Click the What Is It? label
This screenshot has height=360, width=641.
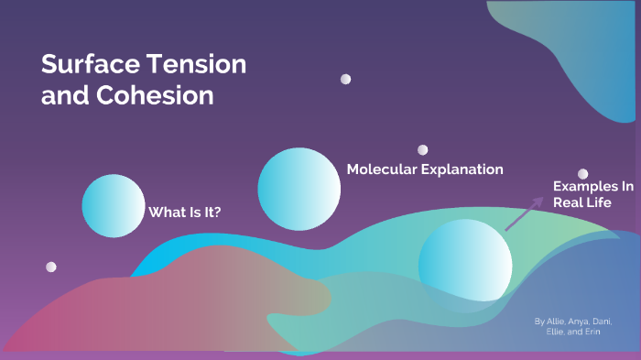point(185,212)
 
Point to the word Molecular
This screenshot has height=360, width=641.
point(384,169)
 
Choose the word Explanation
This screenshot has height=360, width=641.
point(464,169)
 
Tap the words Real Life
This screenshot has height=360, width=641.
point(582,202)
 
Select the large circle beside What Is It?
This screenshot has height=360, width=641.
point(114,205)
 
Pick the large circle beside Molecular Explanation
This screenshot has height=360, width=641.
point(299,190)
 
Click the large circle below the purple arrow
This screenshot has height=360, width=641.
point(465,265)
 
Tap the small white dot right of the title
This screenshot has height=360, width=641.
point(345,80)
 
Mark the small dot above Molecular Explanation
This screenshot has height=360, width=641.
point(423,149)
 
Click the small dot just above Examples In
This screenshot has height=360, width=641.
point(582,173)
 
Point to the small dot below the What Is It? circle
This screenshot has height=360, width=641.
point(51,267)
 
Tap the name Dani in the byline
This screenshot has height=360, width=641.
point(603,322)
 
